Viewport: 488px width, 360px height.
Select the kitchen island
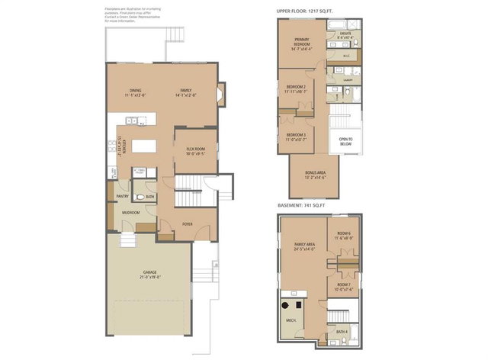[143, 145]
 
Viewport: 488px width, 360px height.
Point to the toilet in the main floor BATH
[139, 196]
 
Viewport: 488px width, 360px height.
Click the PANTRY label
[122, 197]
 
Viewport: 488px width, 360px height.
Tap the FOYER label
[186, 224]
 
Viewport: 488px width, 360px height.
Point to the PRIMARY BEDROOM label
[302, 44]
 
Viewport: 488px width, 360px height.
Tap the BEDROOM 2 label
[296, 88]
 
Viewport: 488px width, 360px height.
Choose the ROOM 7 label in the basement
[344, 287]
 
